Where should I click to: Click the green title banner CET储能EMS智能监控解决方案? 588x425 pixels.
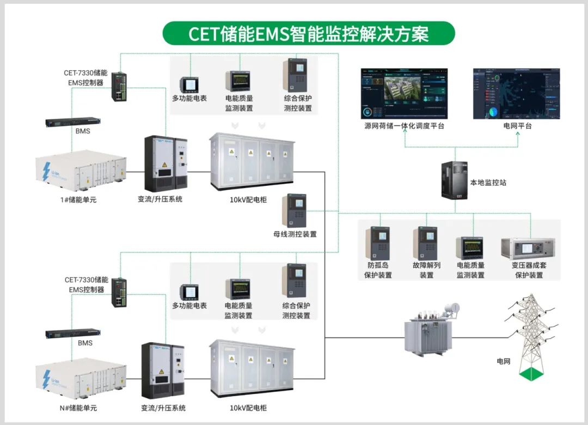coord(308,33)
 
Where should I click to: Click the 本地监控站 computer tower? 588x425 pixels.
coord(454,180)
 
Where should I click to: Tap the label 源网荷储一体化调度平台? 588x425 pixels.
coord(404,126)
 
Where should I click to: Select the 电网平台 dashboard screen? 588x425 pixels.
coord(517,94)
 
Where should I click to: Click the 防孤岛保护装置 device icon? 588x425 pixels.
coord(378,243)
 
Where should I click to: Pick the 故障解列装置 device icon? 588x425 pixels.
coord(425,243)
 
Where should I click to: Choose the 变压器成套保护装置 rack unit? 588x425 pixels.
coord(528,248)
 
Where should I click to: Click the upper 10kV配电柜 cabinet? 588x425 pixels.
coord(252,162)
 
